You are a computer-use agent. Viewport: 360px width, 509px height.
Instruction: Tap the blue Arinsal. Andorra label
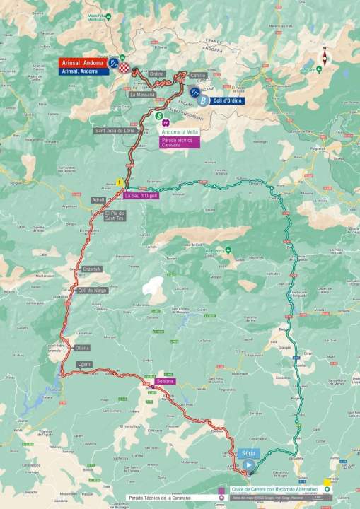point(79,71)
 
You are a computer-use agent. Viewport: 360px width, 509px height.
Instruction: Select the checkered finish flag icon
point(125,67)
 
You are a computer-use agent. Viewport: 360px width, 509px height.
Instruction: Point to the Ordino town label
point(157,74)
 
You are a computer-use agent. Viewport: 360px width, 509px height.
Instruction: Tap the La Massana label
point(142,93)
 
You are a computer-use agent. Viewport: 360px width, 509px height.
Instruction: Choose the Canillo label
point(197,74)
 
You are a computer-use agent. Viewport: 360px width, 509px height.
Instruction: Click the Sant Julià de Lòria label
point(114,131)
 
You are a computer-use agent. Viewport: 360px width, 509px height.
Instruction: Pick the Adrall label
point(98,200)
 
